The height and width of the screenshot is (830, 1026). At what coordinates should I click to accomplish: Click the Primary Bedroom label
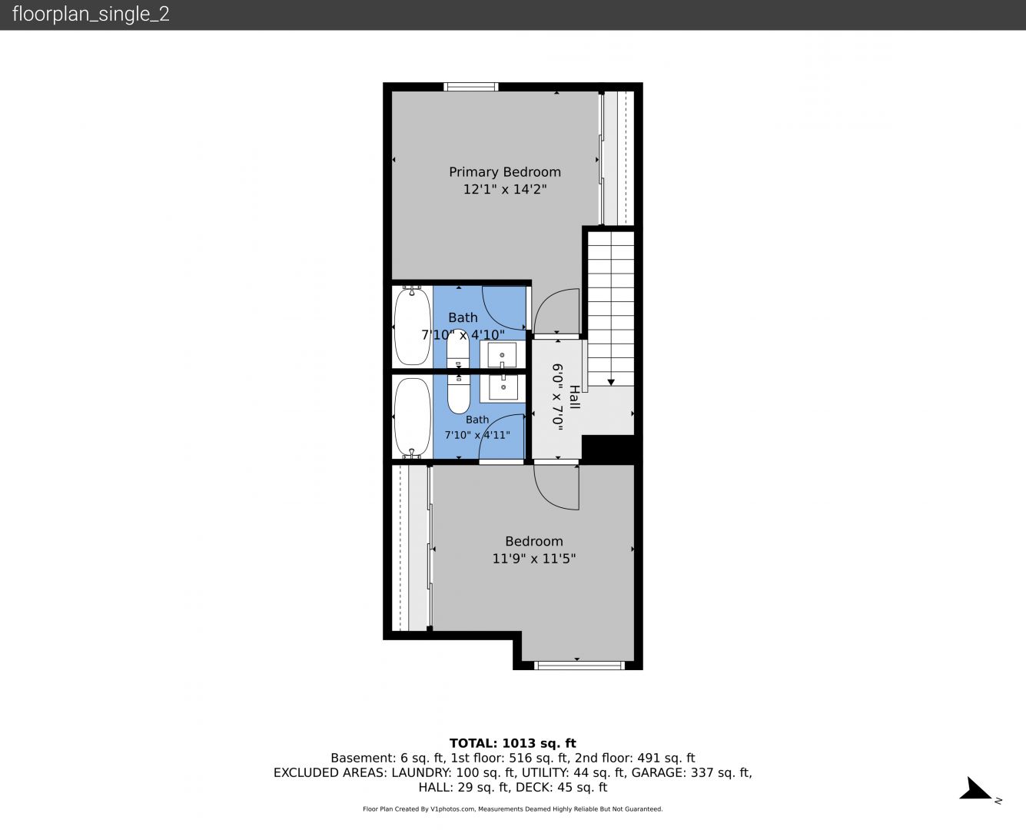[505, 172]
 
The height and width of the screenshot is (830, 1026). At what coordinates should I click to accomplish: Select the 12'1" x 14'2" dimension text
[505, 189]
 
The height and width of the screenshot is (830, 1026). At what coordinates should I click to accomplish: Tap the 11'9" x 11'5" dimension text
[533, 558]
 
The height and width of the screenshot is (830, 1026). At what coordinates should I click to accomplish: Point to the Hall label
[574, 397]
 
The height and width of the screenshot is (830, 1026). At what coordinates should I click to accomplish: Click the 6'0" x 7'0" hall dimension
[557, 397]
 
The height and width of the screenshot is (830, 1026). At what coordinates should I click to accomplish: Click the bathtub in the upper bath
[413, 326]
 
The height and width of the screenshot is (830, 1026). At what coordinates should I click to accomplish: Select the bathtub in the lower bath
[413, 417]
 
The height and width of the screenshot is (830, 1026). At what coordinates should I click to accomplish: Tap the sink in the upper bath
[502, 355]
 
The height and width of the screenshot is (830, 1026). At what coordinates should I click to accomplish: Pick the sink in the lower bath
[503, 387]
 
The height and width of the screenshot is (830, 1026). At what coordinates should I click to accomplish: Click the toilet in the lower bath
[458, 393]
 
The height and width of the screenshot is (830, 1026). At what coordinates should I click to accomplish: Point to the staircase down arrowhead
[611, 383]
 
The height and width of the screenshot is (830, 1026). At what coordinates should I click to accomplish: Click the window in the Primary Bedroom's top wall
[470, 87]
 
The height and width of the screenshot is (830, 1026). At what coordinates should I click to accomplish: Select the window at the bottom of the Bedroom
[579, 666]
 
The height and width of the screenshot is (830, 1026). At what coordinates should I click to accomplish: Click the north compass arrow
[975, 788]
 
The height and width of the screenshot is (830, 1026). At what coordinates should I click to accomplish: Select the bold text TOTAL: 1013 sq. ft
[513, 743]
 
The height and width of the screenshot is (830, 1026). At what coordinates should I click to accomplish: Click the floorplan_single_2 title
[91, 14]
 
